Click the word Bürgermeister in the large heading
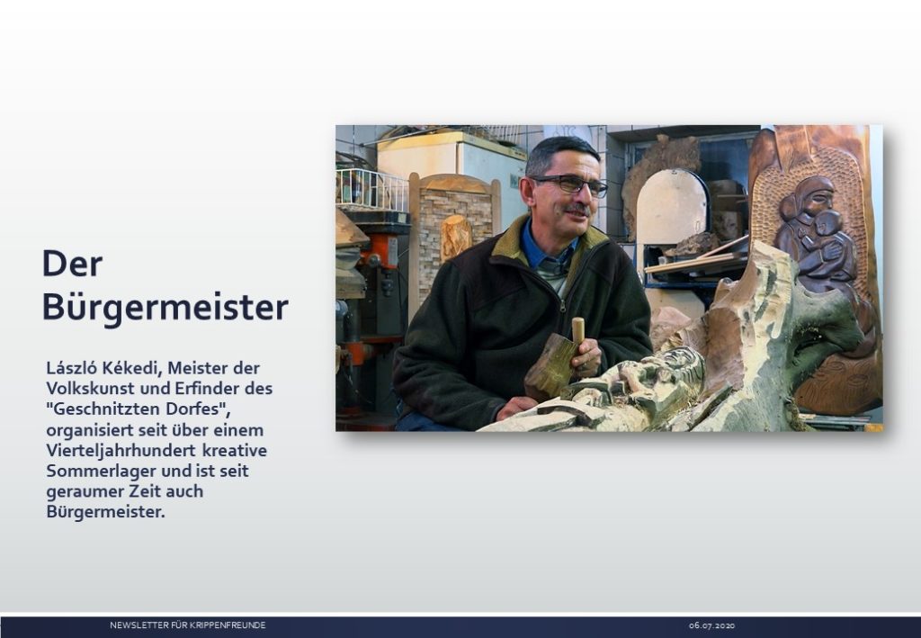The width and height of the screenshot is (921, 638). click(x=165, y=306)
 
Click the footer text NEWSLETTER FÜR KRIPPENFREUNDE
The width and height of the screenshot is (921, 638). click(x=188, y=625)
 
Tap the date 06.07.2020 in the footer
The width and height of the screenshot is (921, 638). click(x=712, y=625)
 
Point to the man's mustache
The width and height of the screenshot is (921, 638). click(x=578, y=209)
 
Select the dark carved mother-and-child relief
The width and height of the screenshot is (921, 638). click(x=818, y=235)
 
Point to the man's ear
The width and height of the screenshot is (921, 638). click(x=526, y=191)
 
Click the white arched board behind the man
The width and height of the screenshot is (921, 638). click(x=672, y=205)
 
